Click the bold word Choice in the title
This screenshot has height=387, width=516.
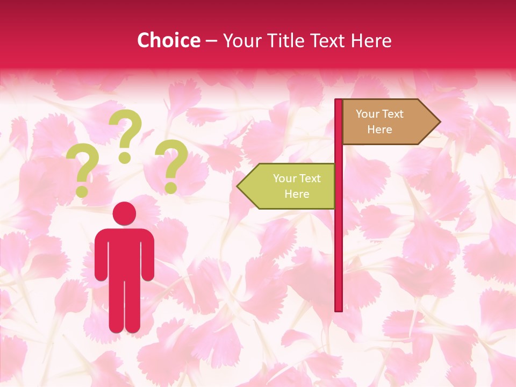point(168,40)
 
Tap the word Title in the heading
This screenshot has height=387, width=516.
point(286,40)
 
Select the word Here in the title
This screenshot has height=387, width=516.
point(371,40)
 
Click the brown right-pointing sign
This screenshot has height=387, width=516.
point(387,122)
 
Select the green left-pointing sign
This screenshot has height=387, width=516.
point(290,186)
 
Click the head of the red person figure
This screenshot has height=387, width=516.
point(124,213)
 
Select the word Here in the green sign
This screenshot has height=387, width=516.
point(297,194)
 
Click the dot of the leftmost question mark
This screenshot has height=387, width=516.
point(82,191)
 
